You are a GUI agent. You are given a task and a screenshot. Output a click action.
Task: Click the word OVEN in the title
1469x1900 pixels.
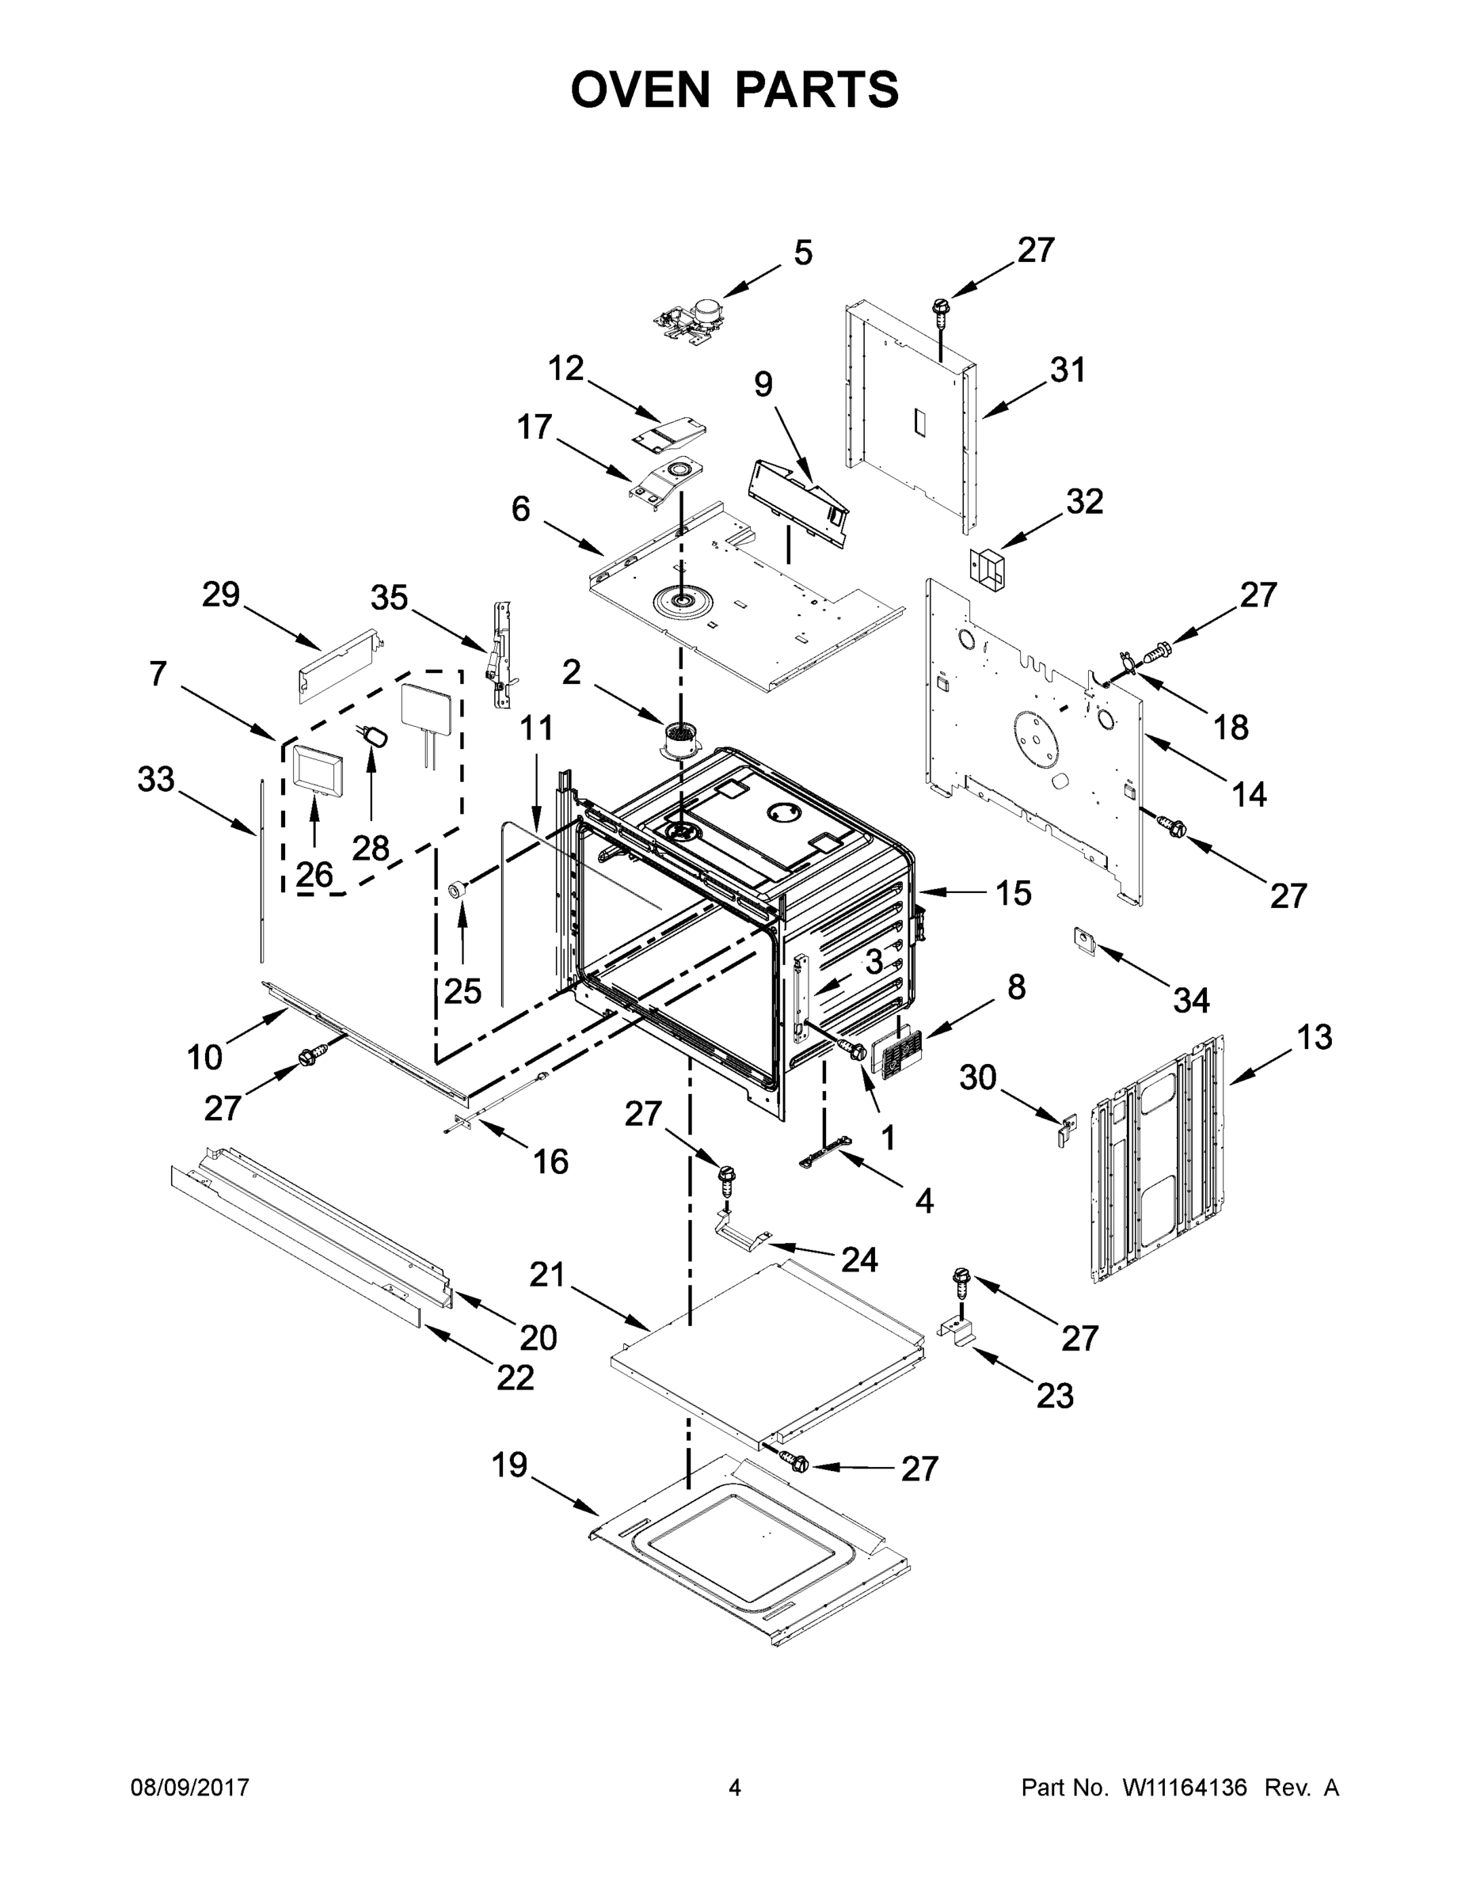point(641,89)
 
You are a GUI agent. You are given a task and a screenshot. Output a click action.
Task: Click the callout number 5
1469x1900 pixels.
point(802,253)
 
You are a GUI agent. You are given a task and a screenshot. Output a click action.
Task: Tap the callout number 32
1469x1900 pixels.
point(1084,501)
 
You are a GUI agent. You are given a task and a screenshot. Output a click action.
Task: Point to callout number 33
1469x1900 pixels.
point(156,780)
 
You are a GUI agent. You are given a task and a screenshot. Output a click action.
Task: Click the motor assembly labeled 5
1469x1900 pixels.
point(692,317)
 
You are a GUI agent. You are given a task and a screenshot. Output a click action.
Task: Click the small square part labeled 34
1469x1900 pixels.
point(1083,940)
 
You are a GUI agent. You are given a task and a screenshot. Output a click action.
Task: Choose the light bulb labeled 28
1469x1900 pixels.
point(376,736)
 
